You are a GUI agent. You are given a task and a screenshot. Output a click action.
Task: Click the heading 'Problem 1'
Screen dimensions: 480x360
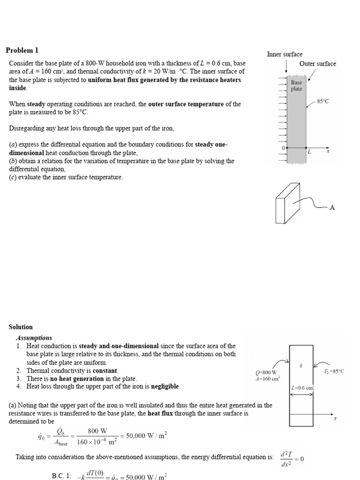tap(22, 50)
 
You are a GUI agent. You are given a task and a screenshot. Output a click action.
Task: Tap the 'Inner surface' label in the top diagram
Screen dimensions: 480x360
tap(285, 54)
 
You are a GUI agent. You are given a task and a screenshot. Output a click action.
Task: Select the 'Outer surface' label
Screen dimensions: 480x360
tap(317, 64)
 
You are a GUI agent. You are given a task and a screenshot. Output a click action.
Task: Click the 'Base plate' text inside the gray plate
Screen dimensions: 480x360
tap(296, 85)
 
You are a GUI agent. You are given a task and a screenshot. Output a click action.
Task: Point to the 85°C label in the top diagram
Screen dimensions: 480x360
tap(323, 101)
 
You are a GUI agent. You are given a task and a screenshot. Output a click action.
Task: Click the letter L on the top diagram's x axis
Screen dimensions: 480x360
tap(309, 152)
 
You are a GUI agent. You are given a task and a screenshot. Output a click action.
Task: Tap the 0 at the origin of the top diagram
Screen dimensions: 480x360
tap(283, 148)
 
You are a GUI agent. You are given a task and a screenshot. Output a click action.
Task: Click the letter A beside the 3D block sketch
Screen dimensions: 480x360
tap(332, 207)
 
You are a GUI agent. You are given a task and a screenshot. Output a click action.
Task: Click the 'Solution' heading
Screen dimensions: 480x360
tap(21, 327)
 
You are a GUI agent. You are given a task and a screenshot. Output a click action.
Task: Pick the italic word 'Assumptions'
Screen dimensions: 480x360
tap(34, 337)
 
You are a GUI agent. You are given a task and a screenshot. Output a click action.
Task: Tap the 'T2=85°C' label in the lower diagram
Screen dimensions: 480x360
tap(334, 371)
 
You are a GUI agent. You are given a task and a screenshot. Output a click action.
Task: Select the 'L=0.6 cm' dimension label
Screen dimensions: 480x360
tap(302, 388)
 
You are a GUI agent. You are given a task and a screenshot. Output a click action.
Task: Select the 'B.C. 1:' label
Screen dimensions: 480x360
tap(61, 475)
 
